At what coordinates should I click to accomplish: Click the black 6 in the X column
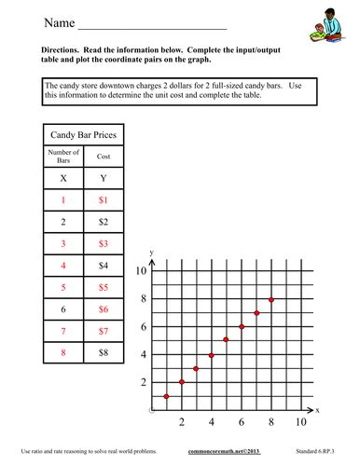coord(62,308)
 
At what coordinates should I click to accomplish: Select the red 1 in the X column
coord(62,200)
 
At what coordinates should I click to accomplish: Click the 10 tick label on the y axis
coord(142,271)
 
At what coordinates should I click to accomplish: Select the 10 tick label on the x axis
coord(301,422)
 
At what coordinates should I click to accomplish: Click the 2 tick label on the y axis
coord(144,382)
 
